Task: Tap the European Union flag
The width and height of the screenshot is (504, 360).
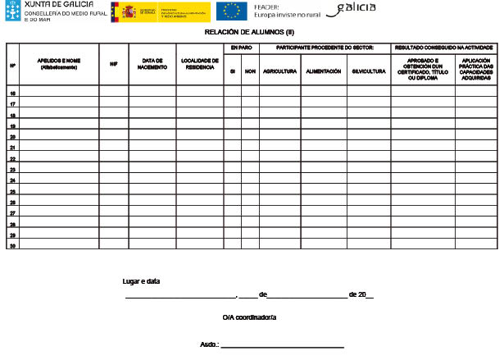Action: (x=231, y=10)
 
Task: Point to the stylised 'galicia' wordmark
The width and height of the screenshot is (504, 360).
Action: (x=353, y=8)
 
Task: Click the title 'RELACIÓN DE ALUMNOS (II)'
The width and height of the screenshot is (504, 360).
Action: (x=249, y=32)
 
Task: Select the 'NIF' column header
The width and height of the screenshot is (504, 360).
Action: (x=114, y=64)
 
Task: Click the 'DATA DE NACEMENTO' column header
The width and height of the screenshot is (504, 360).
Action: (x=152, y=64)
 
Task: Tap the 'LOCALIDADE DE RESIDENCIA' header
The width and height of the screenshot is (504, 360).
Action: (x=199, y=64)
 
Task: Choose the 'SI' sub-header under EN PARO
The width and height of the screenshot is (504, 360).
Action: (x=232, y=71)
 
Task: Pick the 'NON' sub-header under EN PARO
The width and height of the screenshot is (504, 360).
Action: (x=250, y=71)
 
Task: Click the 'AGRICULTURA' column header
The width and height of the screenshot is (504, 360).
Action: (x=280, y=71)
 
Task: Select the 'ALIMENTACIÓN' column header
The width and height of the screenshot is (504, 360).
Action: (x=324, y=71)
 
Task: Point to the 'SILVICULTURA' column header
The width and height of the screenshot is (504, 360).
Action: (x=368, y=71)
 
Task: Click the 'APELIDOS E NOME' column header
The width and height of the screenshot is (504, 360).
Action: (x=59, y=64)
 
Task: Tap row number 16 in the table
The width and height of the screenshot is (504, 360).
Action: (x=12, y=94)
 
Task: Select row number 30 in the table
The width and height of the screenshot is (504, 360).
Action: (x=12, y=244)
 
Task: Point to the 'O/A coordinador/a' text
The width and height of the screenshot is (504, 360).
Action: (x=249, y=317)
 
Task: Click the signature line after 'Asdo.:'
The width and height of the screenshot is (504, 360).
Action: (x=283, y=345)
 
